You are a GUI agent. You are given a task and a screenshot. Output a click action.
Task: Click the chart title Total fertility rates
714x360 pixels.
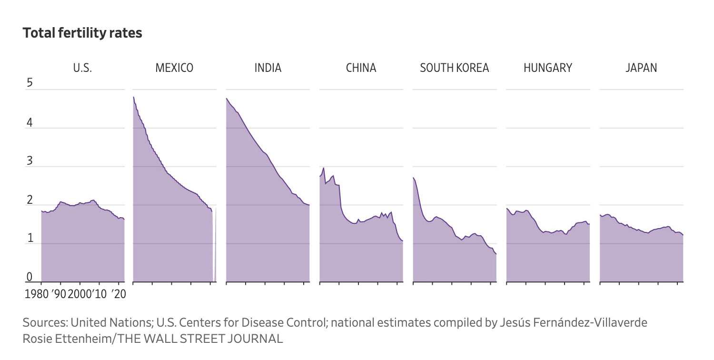click(x=82, y=33)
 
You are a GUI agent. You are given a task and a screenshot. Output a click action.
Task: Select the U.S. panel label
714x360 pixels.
click(x=82, y=68)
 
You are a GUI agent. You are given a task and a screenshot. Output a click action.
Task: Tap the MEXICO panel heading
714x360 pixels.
click(x=174, y=68)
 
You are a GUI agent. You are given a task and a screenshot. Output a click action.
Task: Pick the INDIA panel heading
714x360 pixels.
click(x=268, y=68)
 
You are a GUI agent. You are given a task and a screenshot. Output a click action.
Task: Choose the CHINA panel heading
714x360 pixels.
click(x=361, y=68)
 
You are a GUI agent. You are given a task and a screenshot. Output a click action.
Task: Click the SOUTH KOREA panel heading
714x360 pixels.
click(x=454, y=68)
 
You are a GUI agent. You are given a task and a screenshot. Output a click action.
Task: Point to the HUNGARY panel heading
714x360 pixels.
click(x=547, y=68)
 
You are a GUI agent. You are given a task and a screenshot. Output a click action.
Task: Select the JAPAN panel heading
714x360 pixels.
click(x=641, y=68)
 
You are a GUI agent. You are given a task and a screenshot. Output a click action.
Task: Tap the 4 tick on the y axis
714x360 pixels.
click(x=29, y=122)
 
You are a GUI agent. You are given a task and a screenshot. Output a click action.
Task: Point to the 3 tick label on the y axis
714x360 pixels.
click(x=29, y=161)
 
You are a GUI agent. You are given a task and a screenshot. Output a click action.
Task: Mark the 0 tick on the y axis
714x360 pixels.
click(x=29, y=277)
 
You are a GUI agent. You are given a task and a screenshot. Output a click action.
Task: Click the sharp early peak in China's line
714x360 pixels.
click(x=324, y=168)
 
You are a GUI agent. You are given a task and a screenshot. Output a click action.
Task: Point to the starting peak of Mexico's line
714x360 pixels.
click(x=133, y=97)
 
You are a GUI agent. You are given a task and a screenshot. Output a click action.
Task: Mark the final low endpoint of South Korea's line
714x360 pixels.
click(x=496, y=254)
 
